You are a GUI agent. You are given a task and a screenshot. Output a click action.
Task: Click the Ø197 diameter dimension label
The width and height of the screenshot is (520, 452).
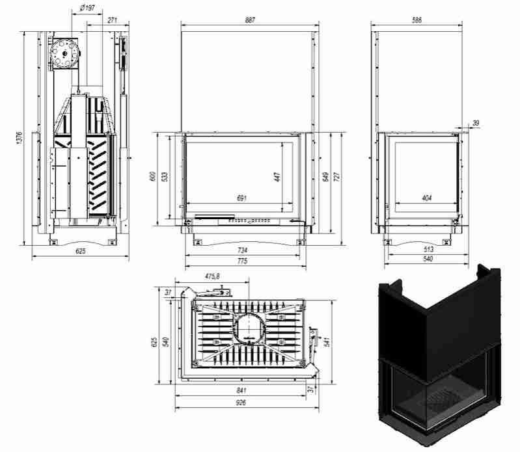point(88,8)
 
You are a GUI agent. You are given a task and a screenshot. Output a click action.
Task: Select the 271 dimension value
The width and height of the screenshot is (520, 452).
point(113,20)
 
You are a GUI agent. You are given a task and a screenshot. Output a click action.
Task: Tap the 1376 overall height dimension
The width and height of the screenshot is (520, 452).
point(20,138)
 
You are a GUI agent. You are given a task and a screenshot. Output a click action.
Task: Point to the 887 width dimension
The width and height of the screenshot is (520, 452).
point(250,20)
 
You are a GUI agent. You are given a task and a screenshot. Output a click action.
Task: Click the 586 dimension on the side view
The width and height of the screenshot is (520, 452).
point(417,20)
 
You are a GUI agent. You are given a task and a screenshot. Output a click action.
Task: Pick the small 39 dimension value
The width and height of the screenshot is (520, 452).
point(476,124)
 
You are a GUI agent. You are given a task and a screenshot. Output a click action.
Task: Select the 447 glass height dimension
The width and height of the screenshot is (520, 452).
point(277,177)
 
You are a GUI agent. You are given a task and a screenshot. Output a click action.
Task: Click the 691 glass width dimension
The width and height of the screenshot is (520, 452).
point(241,198)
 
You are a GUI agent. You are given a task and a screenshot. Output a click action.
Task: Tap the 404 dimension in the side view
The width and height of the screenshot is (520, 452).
point(427,198)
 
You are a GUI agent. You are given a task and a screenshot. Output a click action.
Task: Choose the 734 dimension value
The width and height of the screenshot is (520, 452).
point(242,250)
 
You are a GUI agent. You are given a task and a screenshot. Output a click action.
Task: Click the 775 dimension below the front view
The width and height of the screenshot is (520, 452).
point(242,261)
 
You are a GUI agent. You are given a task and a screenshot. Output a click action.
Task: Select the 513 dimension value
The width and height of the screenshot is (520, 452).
point(428,249)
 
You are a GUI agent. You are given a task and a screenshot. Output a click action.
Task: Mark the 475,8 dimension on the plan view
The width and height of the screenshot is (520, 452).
point(212,276)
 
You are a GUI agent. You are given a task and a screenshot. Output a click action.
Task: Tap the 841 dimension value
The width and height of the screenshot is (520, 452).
point(241,390)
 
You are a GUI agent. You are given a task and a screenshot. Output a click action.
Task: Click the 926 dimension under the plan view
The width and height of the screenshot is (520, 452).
point(241,403)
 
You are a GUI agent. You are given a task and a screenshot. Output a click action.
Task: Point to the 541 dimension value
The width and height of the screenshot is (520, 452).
point(327,341)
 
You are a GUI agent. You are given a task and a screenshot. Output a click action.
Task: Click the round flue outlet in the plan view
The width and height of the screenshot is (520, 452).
point(249,327)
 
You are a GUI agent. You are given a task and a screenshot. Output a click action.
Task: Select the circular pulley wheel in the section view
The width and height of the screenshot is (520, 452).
point(64,53)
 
